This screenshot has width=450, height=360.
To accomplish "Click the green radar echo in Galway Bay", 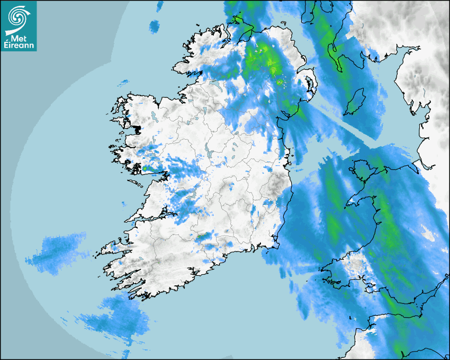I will (x=145, y=169).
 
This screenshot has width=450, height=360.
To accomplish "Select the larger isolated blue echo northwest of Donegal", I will (x=154, y=25).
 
